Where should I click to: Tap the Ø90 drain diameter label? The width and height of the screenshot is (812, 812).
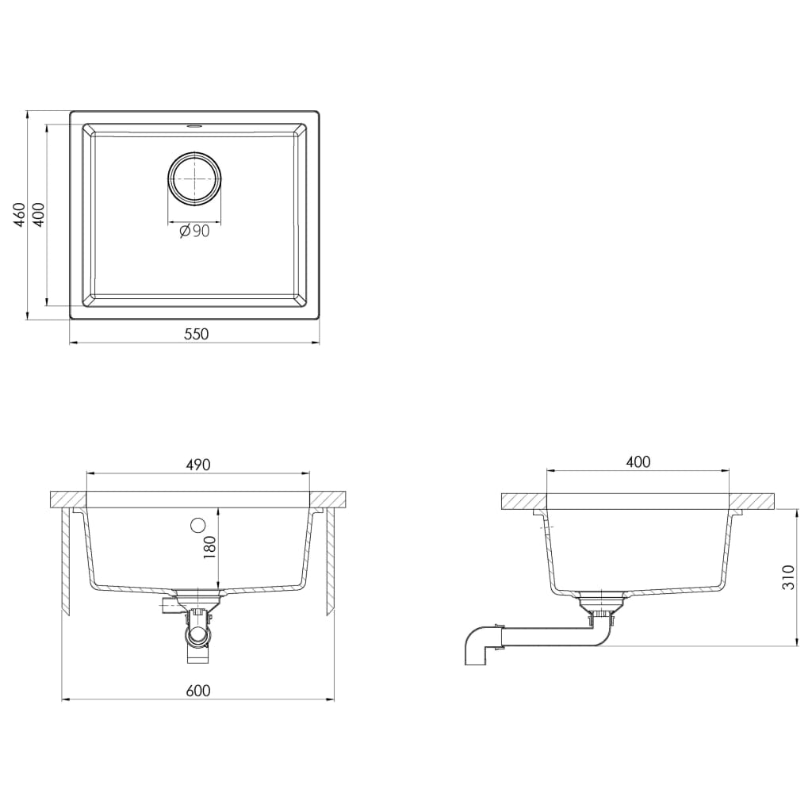click(194, 232)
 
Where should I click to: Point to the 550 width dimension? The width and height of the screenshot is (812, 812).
click(196, 334)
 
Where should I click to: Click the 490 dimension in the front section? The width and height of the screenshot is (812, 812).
click(198, 465)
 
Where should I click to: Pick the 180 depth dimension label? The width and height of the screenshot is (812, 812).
click(210, 547)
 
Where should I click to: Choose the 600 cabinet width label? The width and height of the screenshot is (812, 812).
click(198, 691)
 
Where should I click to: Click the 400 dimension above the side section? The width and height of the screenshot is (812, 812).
click(638, 462)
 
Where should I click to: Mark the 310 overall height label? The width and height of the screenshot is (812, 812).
click(787, 577)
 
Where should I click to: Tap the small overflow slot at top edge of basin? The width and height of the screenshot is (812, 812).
click(194, 125)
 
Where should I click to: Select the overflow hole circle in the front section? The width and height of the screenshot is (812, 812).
click(197, 524)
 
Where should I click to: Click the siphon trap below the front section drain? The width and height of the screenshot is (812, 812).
click(197, 634)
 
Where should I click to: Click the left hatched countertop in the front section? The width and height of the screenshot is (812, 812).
click(67, 500)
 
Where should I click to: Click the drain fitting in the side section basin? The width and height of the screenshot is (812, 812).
click(599, 600)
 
